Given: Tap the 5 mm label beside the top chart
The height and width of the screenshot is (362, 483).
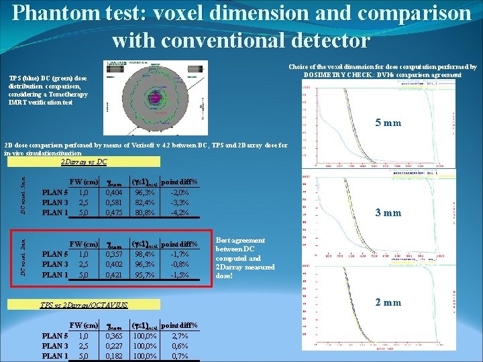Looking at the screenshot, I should [x=387, y=123].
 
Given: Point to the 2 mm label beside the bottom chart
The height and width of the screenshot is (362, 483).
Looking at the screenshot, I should [x=387, y=302].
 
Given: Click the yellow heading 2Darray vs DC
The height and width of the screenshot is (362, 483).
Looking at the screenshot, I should [x=83, y=162].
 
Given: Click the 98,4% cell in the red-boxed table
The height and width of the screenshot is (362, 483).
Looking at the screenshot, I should [x=144, y=255].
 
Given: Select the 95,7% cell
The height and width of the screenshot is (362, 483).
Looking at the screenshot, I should [x=144, y=276].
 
